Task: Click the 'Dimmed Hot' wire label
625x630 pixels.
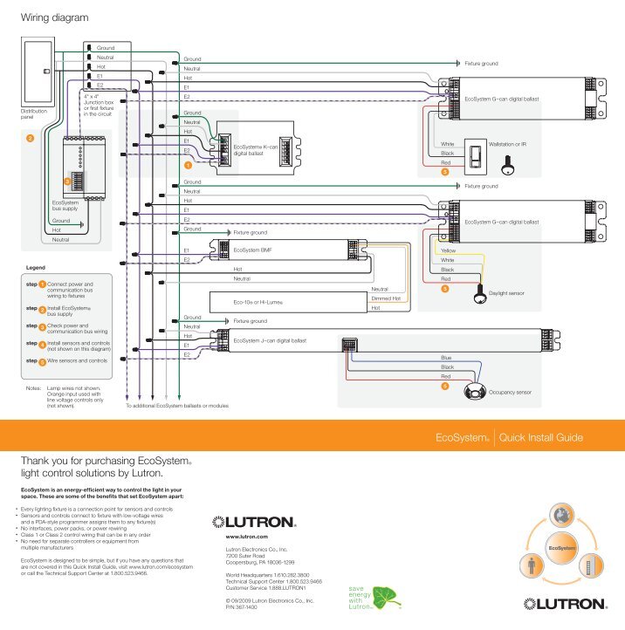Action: [x=385, y=298]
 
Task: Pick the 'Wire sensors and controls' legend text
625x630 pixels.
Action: [x=77, y=360]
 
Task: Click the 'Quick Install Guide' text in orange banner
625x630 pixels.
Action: [x=546, y=436]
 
